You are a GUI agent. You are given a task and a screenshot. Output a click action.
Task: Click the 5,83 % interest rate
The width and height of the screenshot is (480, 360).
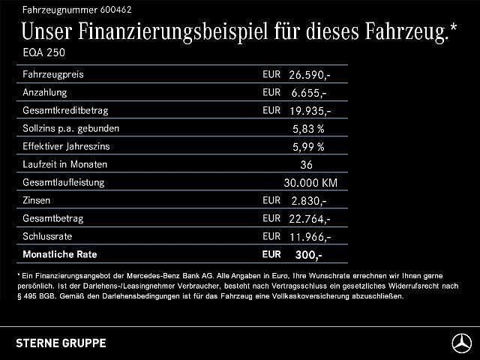tap(308, 129)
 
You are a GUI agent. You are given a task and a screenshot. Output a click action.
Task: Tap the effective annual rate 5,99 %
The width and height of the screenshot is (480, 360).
tap(308, 147)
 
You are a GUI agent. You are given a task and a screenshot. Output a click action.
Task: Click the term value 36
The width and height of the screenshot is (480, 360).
tap(305, 165)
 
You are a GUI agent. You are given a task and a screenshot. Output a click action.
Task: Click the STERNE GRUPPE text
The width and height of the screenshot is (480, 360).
tap(61, 343)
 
